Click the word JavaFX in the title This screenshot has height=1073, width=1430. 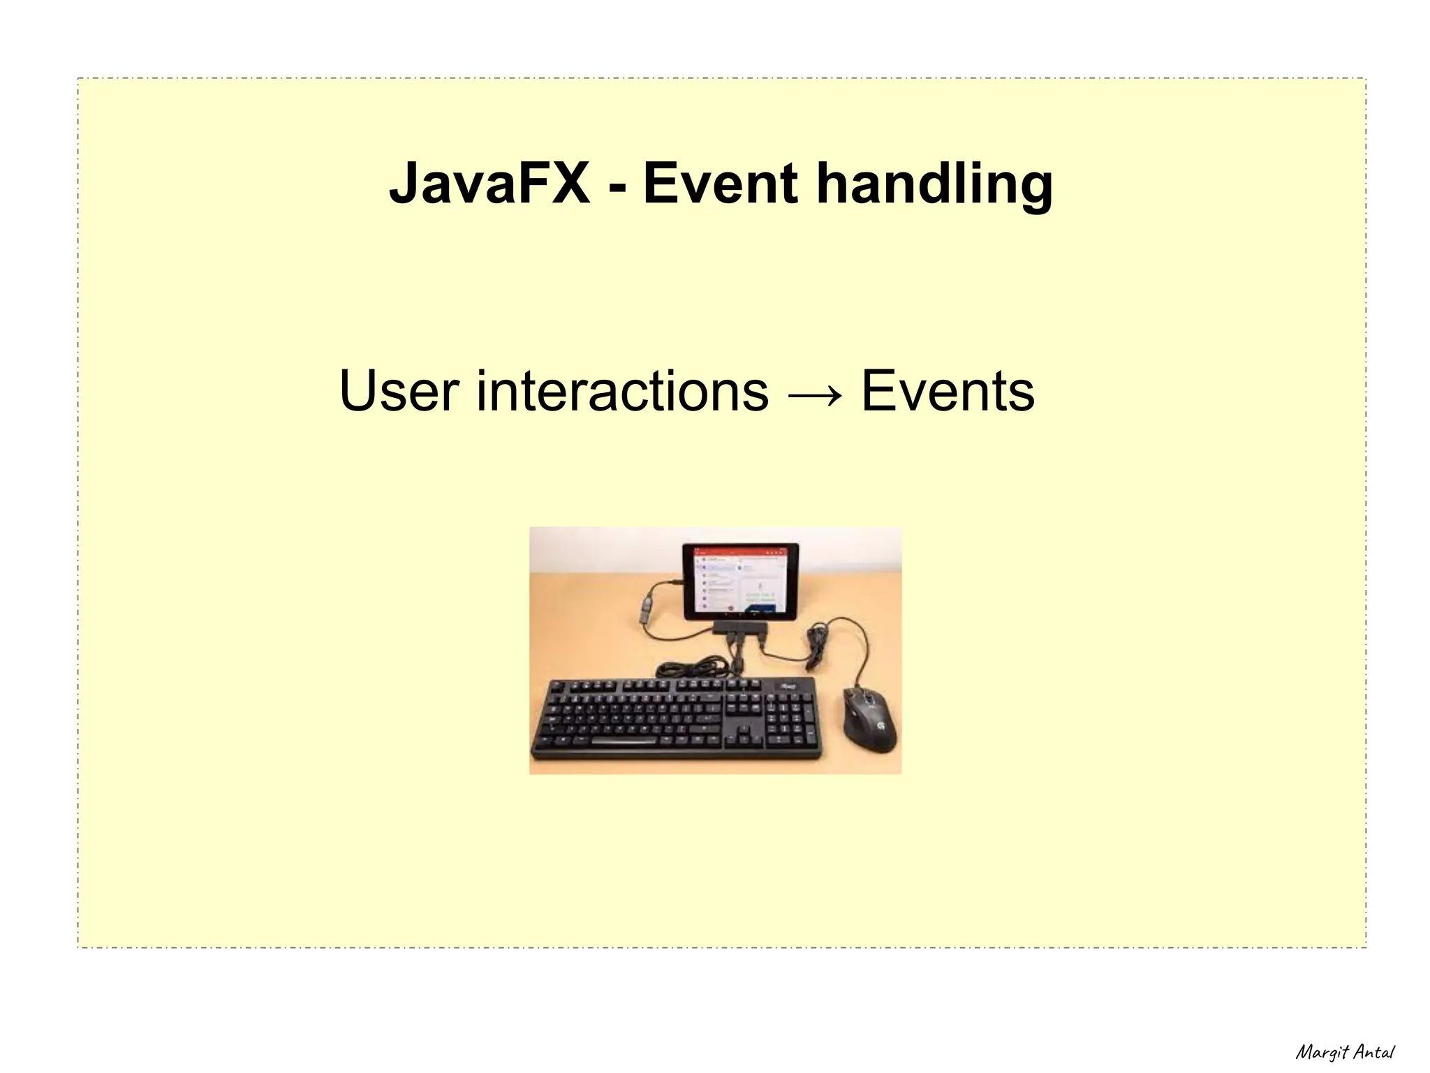489,183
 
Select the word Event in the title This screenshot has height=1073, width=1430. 720,183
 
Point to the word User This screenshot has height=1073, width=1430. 399,391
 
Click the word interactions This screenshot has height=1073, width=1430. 622,391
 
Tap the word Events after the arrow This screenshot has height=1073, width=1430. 948,391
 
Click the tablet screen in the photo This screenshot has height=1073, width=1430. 740,581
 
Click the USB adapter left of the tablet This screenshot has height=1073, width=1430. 648,607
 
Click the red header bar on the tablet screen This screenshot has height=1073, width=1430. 740,552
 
